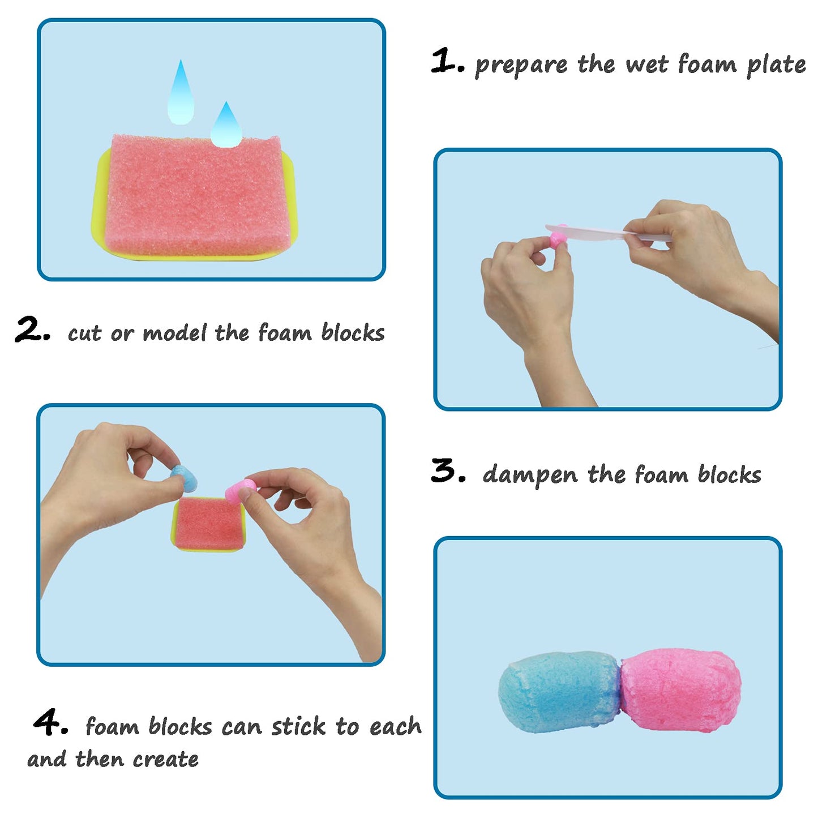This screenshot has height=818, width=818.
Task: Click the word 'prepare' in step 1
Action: [x=521, y=66]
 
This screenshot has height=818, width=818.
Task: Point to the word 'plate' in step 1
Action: [x=776, y=66]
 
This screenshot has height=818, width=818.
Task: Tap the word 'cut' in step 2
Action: [x=84, y=333]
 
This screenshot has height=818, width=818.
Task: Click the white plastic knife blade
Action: [x=589, y=230]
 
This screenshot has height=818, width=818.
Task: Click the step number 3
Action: [x=447, y=471]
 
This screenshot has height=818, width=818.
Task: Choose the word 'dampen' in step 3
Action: [x=530, y=476]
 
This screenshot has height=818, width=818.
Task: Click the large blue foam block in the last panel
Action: [x=558, y=691]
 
